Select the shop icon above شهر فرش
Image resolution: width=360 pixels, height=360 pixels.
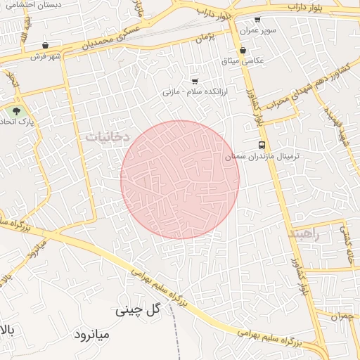tap(46, 45)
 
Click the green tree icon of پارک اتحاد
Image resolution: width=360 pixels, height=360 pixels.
tap(16, 110)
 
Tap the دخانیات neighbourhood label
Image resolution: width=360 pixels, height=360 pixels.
tap(108, 138)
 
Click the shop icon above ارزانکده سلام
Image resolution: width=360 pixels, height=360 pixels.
tap(195, 81)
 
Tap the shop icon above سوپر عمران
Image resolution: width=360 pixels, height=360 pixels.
tap(257, 20)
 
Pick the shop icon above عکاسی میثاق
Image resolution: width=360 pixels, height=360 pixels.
tap(243, 50)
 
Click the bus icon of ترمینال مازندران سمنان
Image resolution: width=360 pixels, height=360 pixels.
tap(262, 146)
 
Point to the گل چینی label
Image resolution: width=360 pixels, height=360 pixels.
tap(138, 310)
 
